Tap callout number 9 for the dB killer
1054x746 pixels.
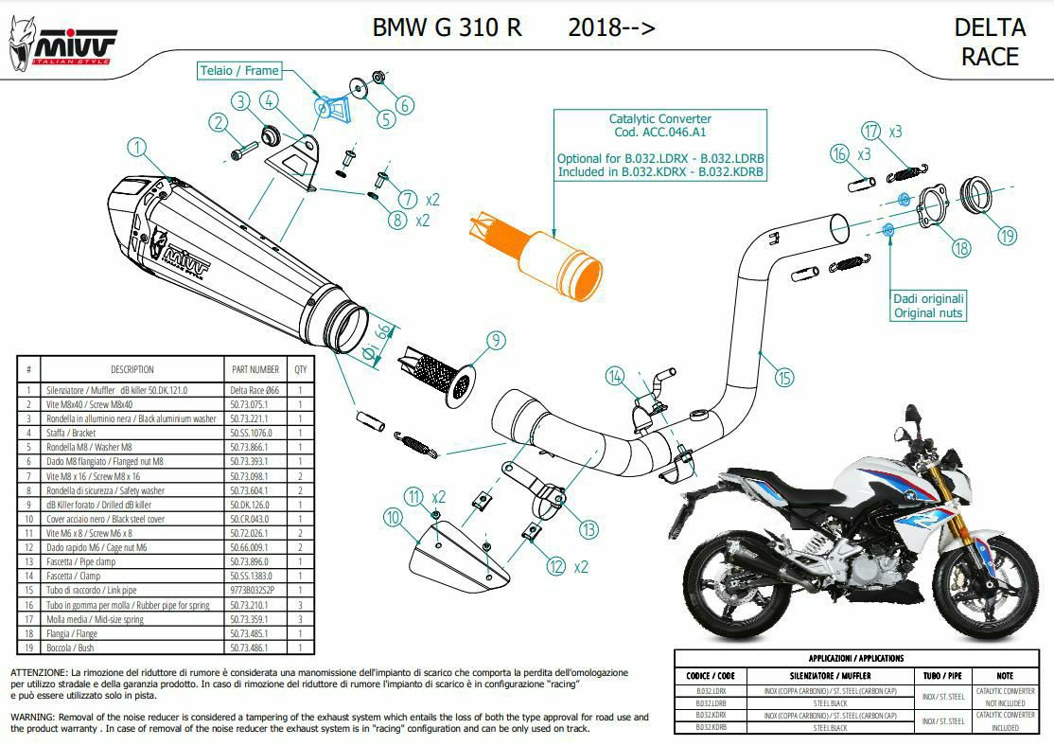(x=495, y=342)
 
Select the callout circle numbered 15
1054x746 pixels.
(x=783, y=379)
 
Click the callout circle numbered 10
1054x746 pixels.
(x=394, y=517)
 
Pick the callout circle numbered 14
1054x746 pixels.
(x=616, y=379)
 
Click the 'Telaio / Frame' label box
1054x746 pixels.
(x=238, y=70)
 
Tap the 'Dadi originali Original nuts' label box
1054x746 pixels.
(x=927, y=305)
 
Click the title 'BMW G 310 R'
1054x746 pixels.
(x=447, y=27)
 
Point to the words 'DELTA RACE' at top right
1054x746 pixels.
(x=990, y=42)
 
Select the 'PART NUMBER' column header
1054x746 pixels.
(x=255, y=369)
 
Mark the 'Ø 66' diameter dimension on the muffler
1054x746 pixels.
(x=377, y=341)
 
